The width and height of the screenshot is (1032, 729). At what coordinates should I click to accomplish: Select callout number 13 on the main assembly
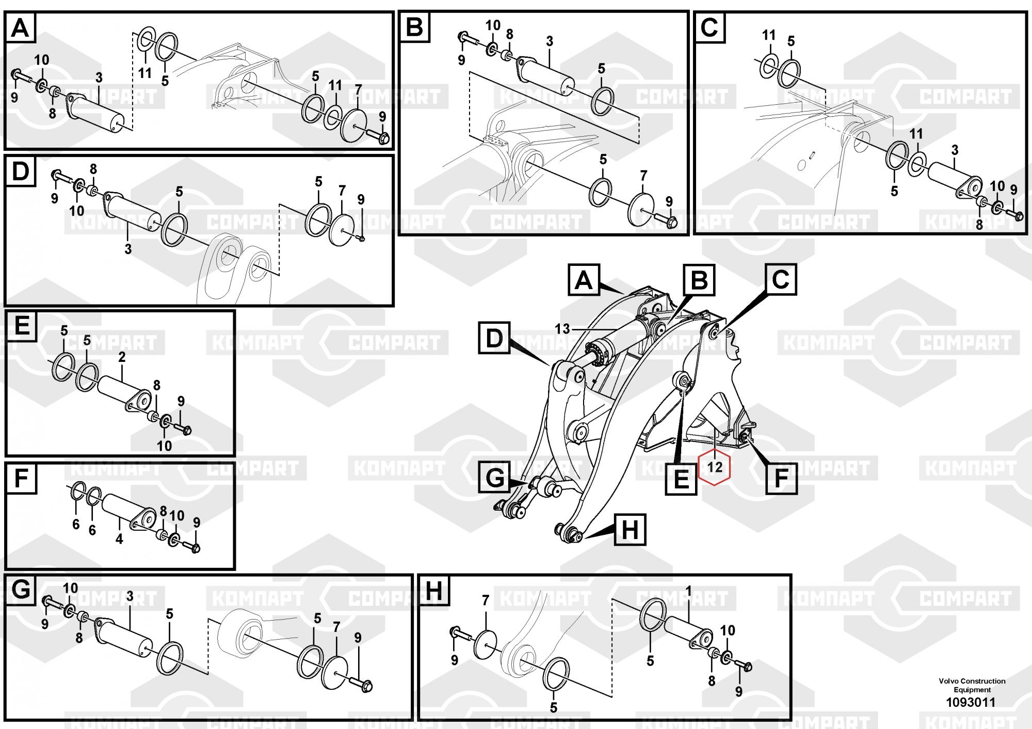coord(562,329)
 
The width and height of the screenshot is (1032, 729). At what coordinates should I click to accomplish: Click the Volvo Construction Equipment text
coord(972,685)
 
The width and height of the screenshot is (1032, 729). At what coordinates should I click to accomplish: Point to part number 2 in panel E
coord(122,357)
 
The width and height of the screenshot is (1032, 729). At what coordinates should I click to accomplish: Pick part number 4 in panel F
coord(119,539)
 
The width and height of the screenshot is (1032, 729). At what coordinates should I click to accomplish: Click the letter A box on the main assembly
coord(584,280)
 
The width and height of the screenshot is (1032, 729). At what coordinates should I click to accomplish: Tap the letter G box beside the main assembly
coord(495,478)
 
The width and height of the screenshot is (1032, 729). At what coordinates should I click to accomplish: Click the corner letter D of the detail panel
coord(20,171)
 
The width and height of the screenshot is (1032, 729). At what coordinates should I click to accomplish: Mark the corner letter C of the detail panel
coord(709,27)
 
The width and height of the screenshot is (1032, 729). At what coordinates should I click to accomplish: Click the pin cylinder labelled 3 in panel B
coord(547,75)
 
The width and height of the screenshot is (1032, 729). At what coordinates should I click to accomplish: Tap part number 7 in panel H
coord(485,600)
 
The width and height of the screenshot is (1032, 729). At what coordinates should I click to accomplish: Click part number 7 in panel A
coord(358,89)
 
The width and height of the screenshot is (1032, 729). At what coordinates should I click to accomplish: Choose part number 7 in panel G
coord(336,627)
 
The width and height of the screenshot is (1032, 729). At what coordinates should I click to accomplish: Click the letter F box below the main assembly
coord(781,478)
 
